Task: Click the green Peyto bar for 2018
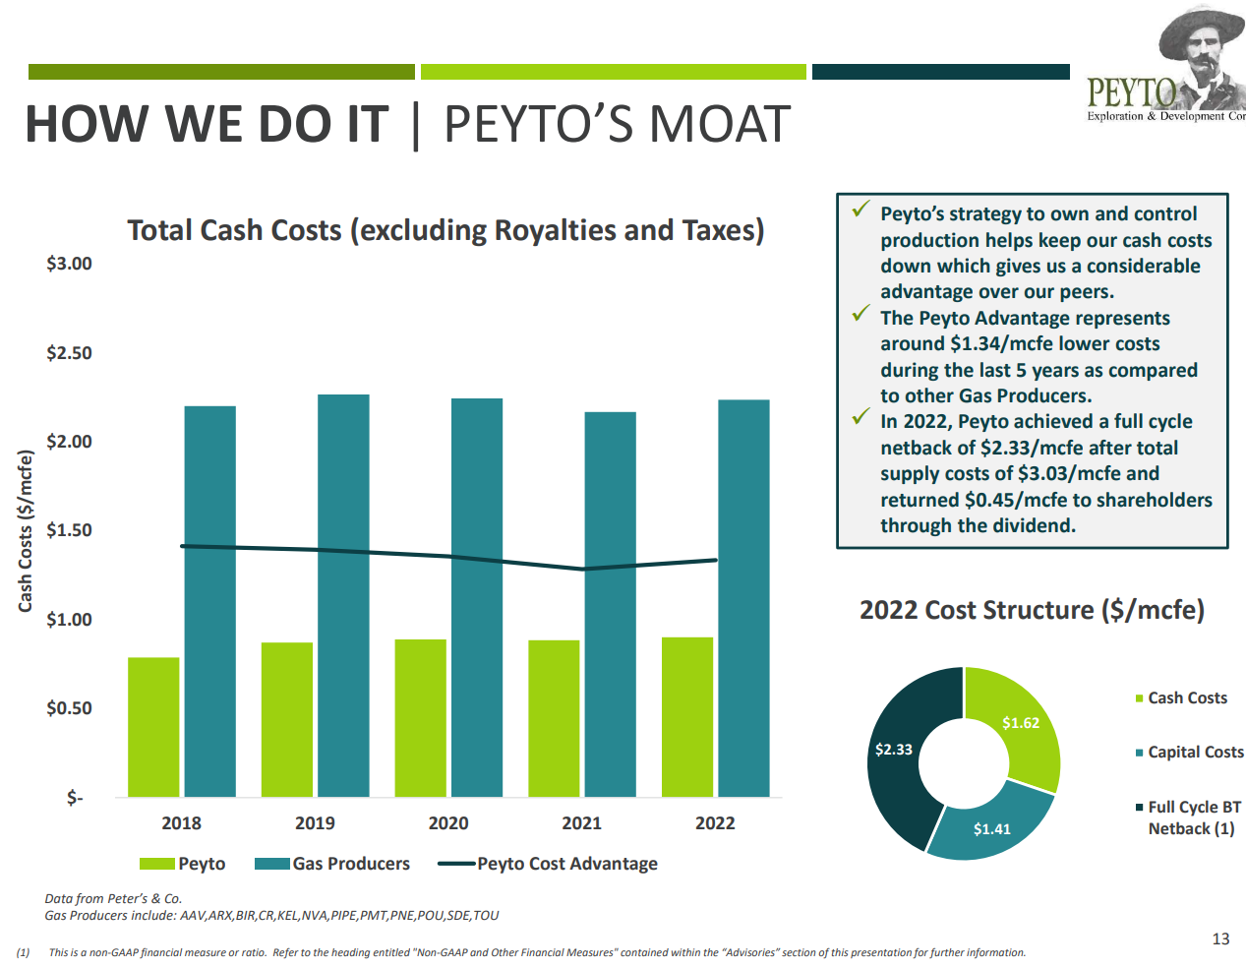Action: pyautogui.click(x=153, y=727)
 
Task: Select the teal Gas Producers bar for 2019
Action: pyautogui.click(x=343, y=595)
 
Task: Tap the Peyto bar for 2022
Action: pyautogui.click(x=687, y=717)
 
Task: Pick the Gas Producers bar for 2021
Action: pyautogui.click(x=610, y=604)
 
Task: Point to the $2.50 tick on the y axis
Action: pyautogui.click(x=69, y=353)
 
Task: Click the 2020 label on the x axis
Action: pyautogui.click(x=448, y=823)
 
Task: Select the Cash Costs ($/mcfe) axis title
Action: pyautogui.click(x=27, y=530)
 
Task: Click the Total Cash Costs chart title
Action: pyautogui.click(x=445, y=230)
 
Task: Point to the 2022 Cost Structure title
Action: pyautogui.click(x=1032, y=610)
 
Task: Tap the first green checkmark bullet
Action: pyautogui.click(x=861, y=210)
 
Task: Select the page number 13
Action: pyautogui.click(x=1220, y=939)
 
